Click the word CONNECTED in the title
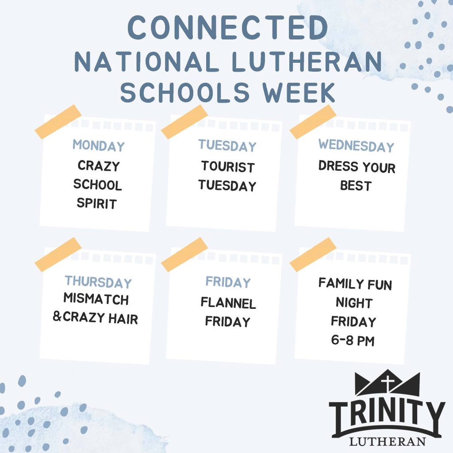[228, 27]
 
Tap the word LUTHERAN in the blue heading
[307, 61]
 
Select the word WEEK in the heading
[299, 92]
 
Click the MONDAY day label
[99, 146]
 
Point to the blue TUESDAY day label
[227, 146]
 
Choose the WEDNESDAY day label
[356, 145]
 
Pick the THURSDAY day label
[98, 282]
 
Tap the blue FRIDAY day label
[228, 282]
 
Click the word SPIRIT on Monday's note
[97, 203]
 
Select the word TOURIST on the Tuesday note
[228, 167]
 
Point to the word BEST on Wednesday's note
[356, 185]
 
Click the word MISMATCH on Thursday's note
[96, 299]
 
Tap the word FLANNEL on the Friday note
[228, 303]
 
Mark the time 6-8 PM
[353, 340]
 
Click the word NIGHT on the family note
[354, 303]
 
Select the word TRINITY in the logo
[387, 415]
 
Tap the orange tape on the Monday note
[58, 122]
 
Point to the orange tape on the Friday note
[184, 254]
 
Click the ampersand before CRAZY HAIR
[57, 316]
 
